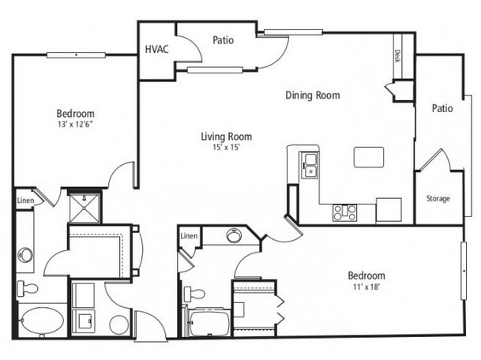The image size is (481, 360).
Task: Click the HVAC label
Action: (x=156, y=49)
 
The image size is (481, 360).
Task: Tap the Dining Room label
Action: (x=313, y=95)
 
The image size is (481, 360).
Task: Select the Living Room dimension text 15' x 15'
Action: (x=226, y=148)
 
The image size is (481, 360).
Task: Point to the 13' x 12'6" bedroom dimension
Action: (x=75, y=124)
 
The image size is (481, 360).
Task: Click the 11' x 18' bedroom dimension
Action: (x=366, y=287)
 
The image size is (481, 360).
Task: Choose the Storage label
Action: (x=438, y=198)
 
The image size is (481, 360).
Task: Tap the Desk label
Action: (x=397, y=56)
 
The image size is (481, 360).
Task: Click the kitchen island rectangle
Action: (x=369, y=157)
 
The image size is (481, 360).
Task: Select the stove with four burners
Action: (x=345, y=213)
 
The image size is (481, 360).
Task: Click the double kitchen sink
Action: (x=310, y=165)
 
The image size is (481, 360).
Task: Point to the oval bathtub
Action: (x=42, y=321)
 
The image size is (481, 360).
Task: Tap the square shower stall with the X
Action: (x=85, y=208)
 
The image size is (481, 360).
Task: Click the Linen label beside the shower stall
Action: (x=25, y=201)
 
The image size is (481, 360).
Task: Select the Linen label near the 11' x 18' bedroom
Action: (x=189, y=236)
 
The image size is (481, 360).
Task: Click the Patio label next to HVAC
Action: (x=223, y=40)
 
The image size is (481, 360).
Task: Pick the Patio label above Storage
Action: (x=442, y=108)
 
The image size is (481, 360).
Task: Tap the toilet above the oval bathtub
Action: (x=28, y=288)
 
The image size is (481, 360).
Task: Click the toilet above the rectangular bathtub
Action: (x=194, y=294)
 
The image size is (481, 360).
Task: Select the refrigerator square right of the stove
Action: (x=389, y=210)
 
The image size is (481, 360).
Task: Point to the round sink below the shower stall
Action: (x=25, y=255)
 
